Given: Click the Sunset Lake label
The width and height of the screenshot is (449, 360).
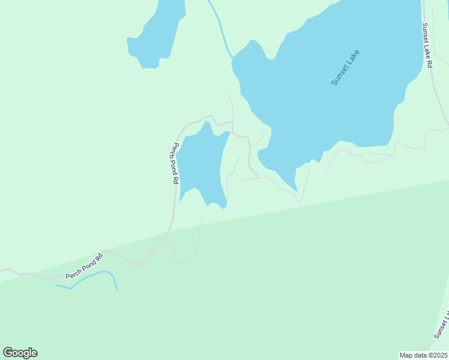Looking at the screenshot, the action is pyautogui.click(x=345, y=67).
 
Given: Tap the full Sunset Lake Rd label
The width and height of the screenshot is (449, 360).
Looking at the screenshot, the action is pyautogui.click(x=427, y=45).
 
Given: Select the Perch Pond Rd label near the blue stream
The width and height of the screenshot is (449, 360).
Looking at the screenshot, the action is pyautogui.click(x=85, y=266).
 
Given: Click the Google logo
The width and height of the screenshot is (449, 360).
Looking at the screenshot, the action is pyautogui.click(x=20, y=353).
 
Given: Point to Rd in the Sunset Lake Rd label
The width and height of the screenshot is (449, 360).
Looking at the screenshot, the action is pyautogui.click(x=429, y=62).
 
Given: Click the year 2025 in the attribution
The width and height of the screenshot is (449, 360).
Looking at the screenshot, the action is pyautogui.click(x=439, y=355).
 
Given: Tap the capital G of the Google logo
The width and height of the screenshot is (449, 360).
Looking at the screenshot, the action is pyautogui.click(x=8, y=353).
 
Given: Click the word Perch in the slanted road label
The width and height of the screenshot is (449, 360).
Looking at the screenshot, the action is pyautogui.click(x=74, y=272).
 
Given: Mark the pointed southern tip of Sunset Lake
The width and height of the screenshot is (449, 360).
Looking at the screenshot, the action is pyautogui.click(x=296, y=189).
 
